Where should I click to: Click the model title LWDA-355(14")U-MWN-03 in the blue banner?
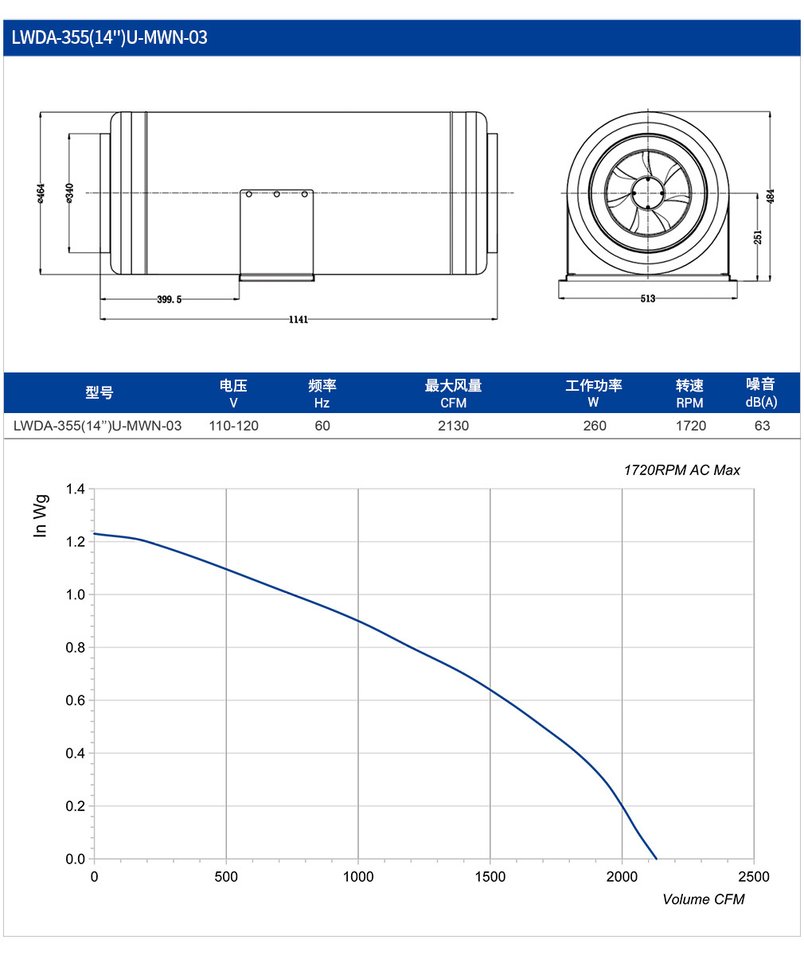pos(109,37)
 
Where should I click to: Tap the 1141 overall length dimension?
pos(299,319)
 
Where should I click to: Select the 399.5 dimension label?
pos(170,299)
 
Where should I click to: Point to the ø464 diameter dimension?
pos(41,193)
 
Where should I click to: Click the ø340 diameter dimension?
pos(69,193)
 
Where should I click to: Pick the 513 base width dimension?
pos(647,298)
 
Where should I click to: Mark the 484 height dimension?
pos(771,197)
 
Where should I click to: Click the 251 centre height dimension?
pos(758,237)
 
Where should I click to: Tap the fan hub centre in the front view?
pos(648,193)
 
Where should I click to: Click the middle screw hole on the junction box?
pos(276,194)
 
